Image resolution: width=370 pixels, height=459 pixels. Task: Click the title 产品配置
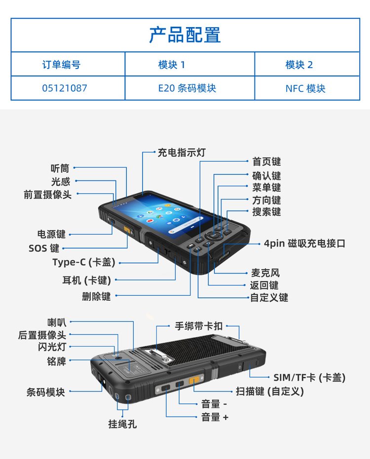(185, 35)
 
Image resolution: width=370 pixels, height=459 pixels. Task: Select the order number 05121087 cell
(65, 88)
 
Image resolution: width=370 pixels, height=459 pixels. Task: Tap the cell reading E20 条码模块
(187, 88)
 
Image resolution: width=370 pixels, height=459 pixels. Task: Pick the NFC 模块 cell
(305, 88)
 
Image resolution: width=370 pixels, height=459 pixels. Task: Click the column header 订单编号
(61, 65)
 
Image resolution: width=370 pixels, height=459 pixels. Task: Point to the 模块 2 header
(299, 65)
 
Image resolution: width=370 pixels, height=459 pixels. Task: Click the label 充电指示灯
(182, 152)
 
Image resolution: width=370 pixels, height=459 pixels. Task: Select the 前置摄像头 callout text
(48, 194)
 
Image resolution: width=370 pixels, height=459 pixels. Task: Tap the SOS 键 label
(44, 248)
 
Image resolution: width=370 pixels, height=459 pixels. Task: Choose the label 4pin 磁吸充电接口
(305, 243)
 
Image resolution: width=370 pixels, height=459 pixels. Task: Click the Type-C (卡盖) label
(84, 262)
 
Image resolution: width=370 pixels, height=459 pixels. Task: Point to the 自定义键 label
(269, 297)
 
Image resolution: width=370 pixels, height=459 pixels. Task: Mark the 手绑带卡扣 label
(199, 326)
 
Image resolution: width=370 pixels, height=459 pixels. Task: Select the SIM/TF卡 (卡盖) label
(309, 377)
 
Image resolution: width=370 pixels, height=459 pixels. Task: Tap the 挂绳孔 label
(122, 424)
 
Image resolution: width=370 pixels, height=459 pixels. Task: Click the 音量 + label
(215, 417)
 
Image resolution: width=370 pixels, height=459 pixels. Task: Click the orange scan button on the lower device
(194, 380)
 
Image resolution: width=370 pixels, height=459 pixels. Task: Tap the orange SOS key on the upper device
(127, 230)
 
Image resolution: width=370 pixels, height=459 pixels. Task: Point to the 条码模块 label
(45, 392)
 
